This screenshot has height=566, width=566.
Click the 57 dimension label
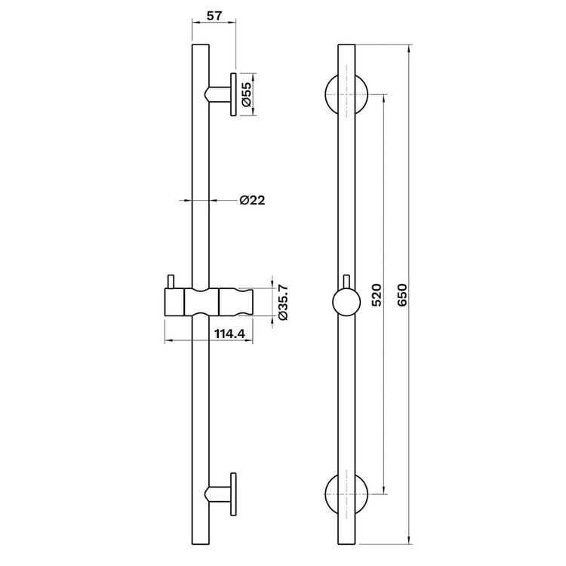point(215,16)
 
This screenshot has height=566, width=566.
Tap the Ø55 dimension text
point(247,94)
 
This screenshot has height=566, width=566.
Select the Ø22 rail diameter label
point(252,200)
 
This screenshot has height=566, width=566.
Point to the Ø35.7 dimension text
point(283,303)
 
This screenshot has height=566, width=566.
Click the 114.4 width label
point(230,334)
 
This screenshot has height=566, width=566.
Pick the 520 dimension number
point(377,295)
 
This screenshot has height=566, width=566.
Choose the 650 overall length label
point(401,295)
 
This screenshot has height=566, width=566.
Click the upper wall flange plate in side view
point(233,94)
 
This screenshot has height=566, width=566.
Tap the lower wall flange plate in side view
point(233,494)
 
